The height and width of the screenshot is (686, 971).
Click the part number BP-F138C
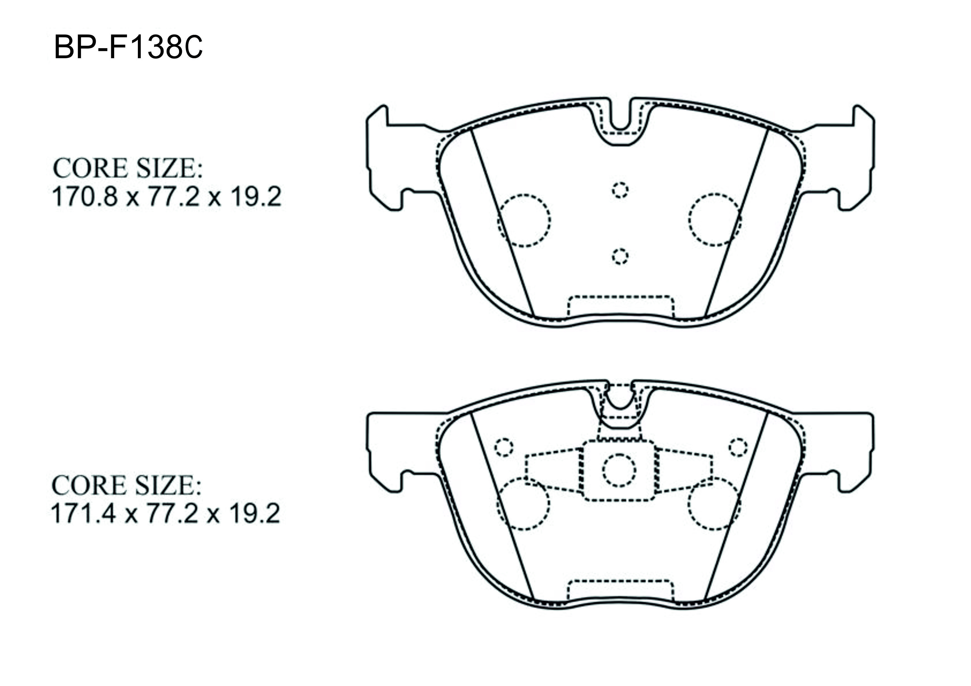click(128, 48)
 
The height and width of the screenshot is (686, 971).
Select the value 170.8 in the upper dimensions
click(84, 197)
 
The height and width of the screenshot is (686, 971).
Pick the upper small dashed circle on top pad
click(620, 190)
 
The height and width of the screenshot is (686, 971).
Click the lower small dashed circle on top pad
click(620, 256)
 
